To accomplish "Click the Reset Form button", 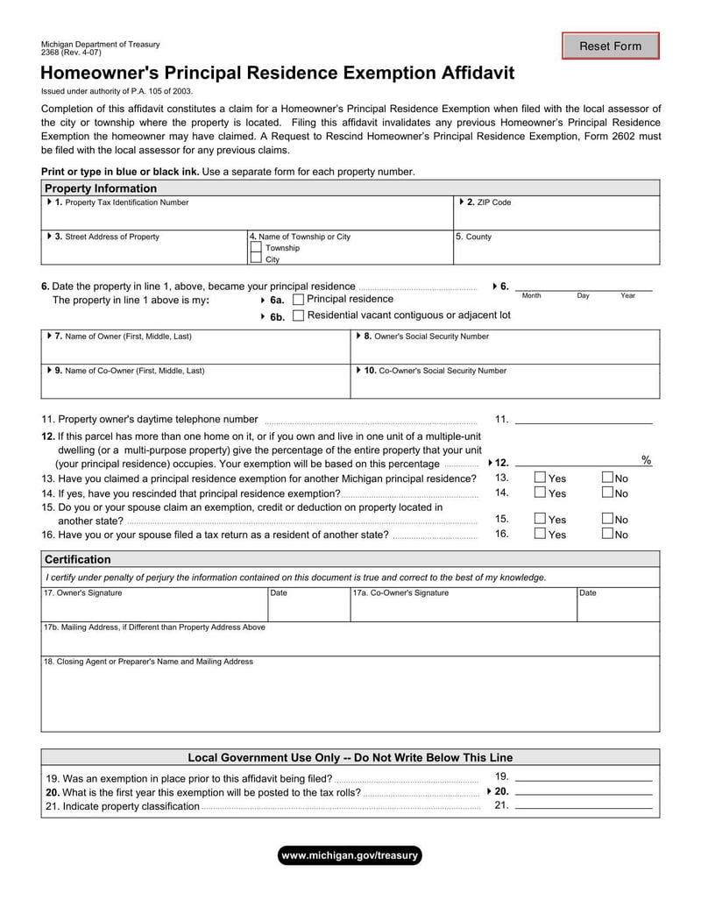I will click(610, 46).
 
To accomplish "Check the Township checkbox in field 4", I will click(256, 248).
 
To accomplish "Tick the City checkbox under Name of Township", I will click(256, 259).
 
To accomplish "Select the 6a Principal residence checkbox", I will click(298, 300).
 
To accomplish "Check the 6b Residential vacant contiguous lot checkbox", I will click(298, 315).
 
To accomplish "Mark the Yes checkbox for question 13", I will click(540, 478).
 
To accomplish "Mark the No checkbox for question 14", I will click(607, 492).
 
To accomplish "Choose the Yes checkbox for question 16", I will click(540, 534).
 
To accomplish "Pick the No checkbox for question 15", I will click(607, 519).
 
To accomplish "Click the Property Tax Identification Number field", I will click(245, 216).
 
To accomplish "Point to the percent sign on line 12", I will click(647, 460).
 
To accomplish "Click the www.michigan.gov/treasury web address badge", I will click(350, 855).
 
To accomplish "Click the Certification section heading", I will click(78, 559).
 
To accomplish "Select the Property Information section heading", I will click(101, 188).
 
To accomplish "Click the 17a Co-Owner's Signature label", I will click(400, 593).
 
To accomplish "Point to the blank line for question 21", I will click(584, 806).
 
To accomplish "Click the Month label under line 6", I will click(531, 296).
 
